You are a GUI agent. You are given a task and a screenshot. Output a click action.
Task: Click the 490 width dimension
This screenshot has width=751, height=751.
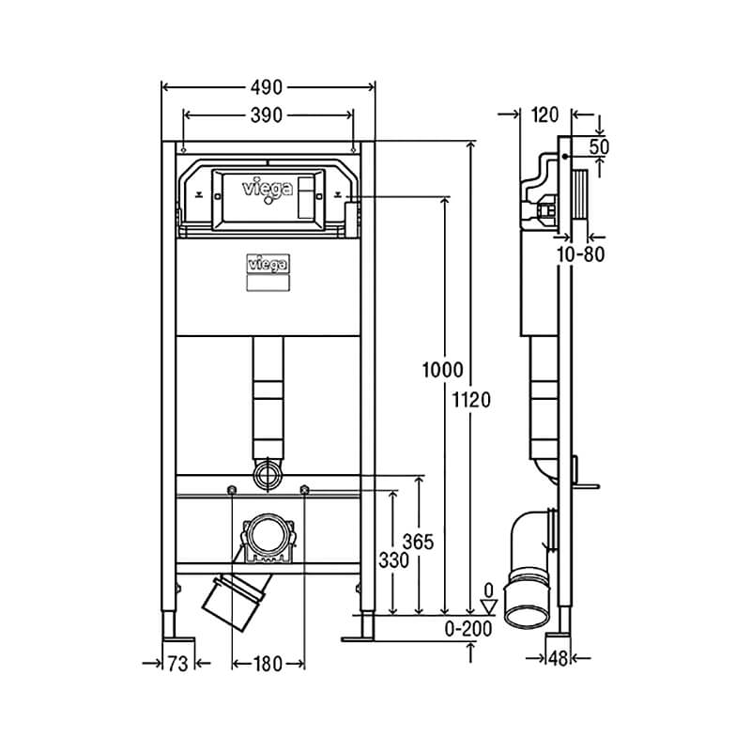coord(267,87)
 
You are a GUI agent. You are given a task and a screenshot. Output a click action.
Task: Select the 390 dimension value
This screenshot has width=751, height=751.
coord(267,115)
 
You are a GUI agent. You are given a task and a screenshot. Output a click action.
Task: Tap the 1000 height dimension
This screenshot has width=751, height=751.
coord(442,370)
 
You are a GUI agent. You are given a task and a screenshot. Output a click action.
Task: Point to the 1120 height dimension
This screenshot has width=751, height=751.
coord(472,400)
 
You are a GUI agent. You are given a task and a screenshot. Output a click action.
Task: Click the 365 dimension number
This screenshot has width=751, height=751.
coord(418,542)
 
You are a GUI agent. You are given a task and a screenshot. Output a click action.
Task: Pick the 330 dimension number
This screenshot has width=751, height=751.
coord(393,559)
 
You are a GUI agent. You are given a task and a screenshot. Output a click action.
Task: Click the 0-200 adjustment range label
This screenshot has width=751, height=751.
coord(467,629)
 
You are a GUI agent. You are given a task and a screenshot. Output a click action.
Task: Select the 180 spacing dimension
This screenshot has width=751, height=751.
coord(268,664)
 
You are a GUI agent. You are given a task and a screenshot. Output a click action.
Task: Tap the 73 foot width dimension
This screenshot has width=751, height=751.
coord(177,664)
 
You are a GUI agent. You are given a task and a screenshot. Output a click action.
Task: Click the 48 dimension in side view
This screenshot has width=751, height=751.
coord(558,659)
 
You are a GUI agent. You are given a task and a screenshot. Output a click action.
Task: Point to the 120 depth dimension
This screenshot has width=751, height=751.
coord(545,115)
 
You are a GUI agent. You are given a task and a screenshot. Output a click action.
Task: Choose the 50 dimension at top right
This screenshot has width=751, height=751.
coord(599,147)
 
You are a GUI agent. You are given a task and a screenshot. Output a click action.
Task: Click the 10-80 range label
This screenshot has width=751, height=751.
coord(580,254)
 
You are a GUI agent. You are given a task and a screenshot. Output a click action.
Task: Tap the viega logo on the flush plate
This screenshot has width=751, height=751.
coord(268,189)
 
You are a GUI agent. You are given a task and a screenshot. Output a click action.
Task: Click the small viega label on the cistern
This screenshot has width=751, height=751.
coord(268,264)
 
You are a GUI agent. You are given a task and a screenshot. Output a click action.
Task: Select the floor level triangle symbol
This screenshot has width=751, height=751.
coord(488,605)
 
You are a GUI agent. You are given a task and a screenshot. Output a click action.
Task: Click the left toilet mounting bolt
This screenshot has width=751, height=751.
coord(232,489)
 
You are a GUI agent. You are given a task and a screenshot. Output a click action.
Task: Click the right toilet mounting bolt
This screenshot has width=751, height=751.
coord(304,489)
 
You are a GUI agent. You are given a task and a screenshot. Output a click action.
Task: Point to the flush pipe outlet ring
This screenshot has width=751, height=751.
coord(268,474)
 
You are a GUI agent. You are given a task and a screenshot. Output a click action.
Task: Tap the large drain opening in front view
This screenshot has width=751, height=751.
coord(268,535)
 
